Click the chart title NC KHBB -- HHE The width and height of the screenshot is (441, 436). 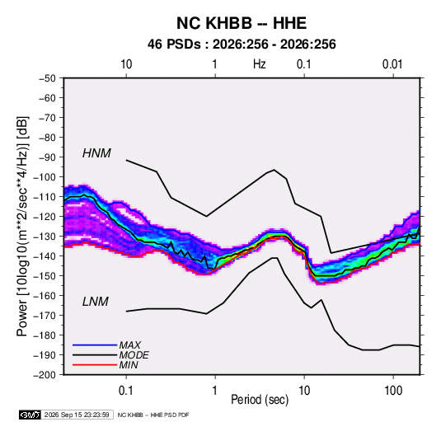click(242, 23)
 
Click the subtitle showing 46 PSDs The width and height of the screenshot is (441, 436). click(242, 45)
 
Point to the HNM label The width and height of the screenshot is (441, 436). click(96, 153)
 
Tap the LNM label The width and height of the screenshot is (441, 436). click(95, 302)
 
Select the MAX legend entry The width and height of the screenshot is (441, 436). click(129, 345)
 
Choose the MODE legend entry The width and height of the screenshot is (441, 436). click(134, 355)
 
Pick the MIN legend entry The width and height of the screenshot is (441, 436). click(129, 365)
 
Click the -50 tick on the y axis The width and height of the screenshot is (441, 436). click(47, 78)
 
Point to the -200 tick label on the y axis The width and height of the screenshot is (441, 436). click(45, 375)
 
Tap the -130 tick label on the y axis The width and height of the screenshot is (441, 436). click(45, 237)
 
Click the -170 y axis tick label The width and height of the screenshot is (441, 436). click(45, 316)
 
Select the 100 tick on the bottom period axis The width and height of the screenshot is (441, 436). click(393, 391)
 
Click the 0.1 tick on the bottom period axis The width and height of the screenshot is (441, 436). click(126, 391)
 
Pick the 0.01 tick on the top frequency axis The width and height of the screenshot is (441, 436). click(392, 64)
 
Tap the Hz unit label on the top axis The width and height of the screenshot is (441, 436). click(260, 64)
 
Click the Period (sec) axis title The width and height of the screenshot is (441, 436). click(260, 400)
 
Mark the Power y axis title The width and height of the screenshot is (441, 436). click(22, 226)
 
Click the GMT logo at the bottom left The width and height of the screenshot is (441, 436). click(30, 415)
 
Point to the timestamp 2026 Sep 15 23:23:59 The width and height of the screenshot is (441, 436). click(77, 415)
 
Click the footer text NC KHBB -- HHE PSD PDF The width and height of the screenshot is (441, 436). click(153, 415)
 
